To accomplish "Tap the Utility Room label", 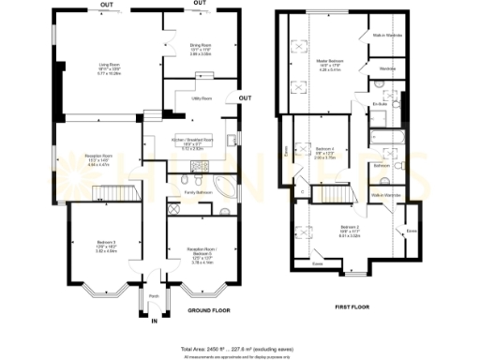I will click(201, 97).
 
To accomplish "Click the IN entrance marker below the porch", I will click(153, 322).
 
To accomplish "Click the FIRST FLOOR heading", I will click(355, 306).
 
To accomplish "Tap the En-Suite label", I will click(380, 103).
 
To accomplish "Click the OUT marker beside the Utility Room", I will click(244, 97).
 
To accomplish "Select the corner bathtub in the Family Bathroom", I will click(227, 181).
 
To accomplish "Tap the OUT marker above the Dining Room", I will click(200, 4).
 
